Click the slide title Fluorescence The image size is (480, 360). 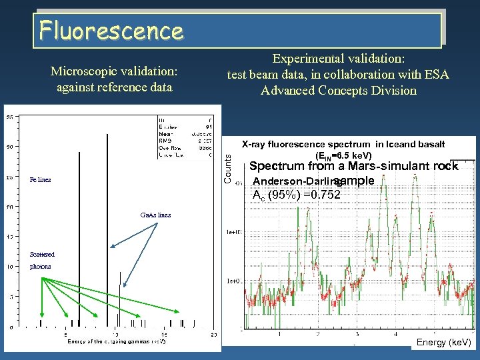(111, 30)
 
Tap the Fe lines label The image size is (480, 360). (40, 180)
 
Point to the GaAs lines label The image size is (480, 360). (155, 215)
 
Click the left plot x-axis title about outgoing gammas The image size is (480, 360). (116, 341)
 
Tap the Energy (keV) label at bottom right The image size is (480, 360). (443, 343)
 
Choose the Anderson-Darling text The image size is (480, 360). (297, 181)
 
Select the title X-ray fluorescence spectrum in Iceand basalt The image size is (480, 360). (343, 144)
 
